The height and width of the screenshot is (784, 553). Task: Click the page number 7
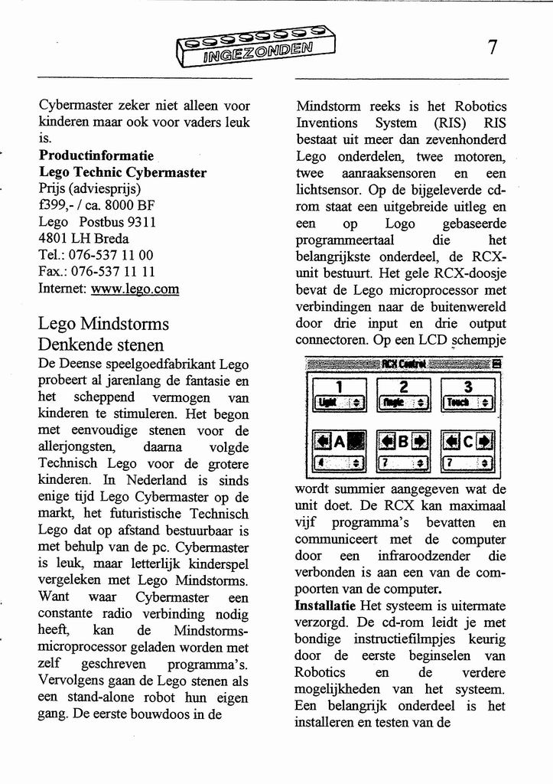pos(493,47)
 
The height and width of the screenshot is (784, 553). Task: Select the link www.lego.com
pos(135,289)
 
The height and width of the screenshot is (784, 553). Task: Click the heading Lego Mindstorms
pos(103,322)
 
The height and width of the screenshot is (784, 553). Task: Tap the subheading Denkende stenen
pos(101,344)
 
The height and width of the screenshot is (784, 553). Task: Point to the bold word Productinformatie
pos(96,155)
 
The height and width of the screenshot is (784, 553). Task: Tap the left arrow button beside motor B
pos(388,441)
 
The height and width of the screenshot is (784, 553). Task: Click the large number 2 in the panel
pos(404,387)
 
